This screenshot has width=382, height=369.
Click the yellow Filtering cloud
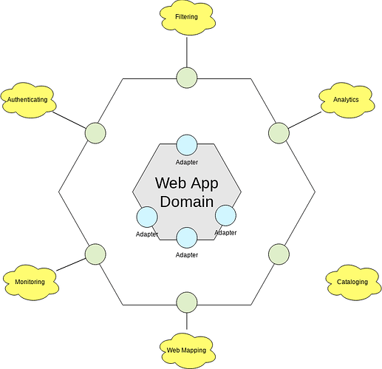(x=187, y=18)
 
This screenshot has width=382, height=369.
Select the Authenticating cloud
(x=28, y=100)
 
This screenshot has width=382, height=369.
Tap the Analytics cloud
(x=347, y=100)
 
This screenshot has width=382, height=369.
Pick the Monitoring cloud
(x=30, y=282)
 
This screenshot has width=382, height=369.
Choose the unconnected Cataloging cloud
(x=353, y=282)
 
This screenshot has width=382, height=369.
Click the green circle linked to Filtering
(x=187, y=78)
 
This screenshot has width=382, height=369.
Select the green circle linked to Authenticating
(x=95, y=133)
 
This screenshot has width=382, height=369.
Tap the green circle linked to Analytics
(x=279, y=133)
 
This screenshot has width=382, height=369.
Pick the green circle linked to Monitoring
(x=95, y=254)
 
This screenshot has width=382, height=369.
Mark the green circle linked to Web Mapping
(x=187, y=302)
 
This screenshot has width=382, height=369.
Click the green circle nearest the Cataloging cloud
(x=279, y=254)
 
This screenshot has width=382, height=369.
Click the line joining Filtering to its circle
(x=187, y=52)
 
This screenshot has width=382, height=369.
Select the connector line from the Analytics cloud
(x=305, y=120)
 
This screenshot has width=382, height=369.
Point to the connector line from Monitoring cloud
(x=71, y=265)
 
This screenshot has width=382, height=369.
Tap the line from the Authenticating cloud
(x=69, y=121)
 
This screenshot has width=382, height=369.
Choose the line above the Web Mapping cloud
(x=187, y=321)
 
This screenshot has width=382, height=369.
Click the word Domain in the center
(x=187, y=201)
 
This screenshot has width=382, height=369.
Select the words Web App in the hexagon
(x=187, y=183)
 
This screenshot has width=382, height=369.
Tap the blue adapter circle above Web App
(x=187, y=145)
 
